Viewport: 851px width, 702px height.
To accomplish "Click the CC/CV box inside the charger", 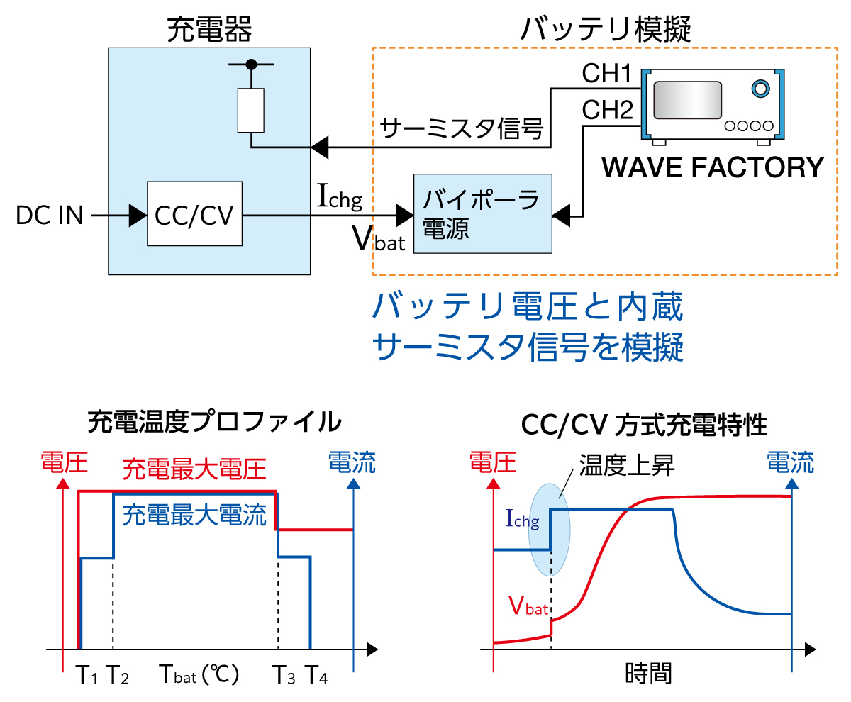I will [194, 214].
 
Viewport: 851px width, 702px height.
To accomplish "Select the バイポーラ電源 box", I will [482, 213].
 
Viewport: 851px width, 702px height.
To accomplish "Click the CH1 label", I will [606, 73].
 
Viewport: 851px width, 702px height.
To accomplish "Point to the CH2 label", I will [607, 111].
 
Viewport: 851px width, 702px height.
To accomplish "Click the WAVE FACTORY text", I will [712, 167].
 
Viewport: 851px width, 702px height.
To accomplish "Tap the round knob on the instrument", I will [760, 89].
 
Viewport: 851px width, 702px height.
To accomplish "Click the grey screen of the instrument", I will [688, 100].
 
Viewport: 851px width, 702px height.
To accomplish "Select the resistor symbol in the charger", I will [251, 111].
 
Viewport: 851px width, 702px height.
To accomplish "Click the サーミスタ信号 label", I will [462, 129].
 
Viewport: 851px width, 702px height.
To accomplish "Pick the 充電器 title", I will [209, 30].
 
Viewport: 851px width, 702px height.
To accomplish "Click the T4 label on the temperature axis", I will [316, 676].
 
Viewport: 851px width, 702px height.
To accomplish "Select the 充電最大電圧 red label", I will [194, 469].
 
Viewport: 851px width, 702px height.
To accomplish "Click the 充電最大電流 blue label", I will [194, 514].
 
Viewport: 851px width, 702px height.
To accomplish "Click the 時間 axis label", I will [648, 673].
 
